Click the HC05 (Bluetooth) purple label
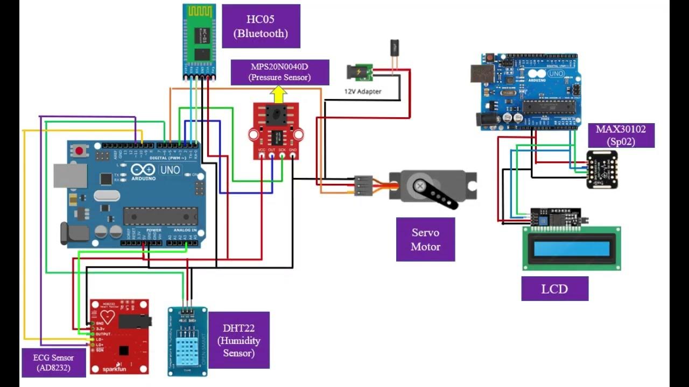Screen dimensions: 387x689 261,26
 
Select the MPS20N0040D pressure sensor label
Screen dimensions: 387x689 279,72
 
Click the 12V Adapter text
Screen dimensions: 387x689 363,91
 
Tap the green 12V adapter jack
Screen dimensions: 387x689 360,72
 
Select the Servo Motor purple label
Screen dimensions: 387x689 425,240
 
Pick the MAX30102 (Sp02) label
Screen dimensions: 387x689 621,135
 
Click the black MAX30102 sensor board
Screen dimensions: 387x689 602,169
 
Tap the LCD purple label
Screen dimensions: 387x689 554,289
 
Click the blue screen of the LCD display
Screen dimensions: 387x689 571,249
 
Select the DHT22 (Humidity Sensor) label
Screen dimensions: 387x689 238,340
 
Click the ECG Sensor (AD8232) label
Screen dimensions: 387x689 53,363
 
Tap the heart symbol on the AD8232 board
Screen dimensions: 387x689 108,317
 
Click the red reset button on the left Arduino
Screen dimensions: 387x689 80,151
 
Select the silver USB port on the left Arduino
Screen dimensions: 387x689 69,176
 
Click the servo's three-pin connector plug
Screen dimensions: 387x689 363,185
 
